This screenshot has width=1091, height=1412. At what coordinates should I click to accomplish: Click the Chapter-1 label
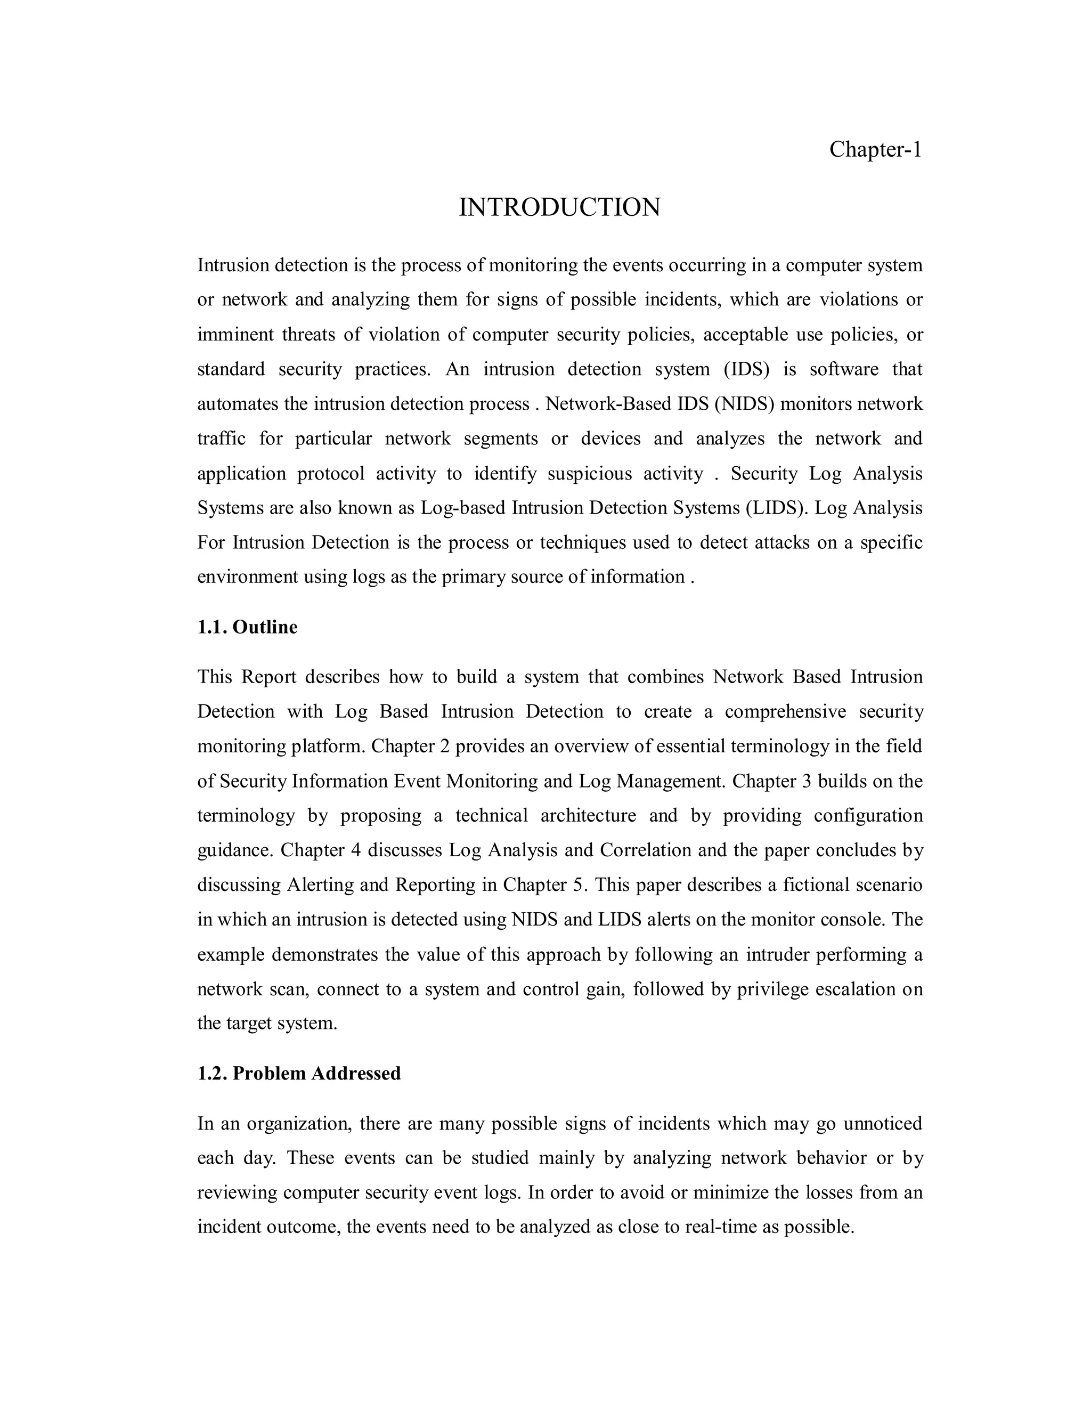pyautogui.click(x=875, y=149)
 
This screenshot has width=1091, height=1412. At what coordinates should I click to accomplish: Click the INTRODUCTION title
pyautogui.click(x=560, y=207)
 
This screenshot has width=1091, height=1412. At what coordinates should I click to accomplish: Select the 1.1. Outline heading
pyautogui.click(x=248, y=627)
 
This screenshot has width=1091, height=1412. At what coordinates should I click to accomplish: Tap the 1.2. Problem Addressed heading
pyautogui.click(x=299, y=1074)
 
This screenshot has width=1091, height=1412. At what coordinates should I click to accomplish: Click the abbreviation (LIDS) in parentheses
pyautogui.click(x=777, y=508)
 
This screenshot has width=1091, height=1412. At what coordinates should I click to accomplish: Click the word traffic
pyautogui.click(x=221, y=439)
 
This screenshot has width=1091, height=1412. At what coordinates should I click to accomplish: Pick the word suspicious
pyautogui.click(x=590, y=474)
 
